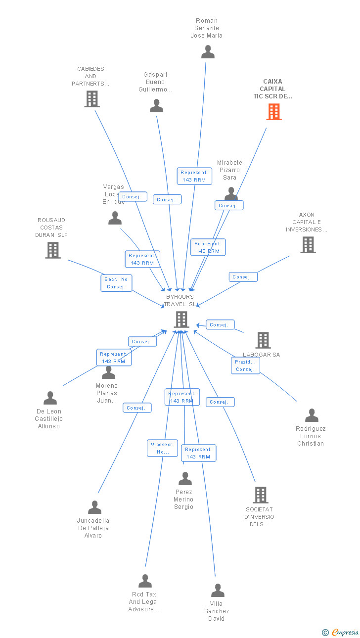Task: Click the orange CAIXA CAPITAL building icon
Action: click(x=274, y=112)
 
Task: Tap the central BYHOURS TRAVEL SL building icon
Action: click(x=181, y=319)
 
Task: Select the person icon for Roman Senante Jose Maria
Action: click(x=208, y=51)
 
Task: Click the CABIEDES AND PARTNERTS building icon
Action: click(x=92, y=99)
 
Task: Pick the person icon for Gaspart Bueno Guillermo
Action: click(x=156, y=105)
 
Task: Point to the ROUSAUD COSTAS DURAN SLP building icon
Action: click(x=53, y=250)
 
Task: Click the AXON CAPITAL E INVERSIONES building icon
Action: click(x=308, y=244)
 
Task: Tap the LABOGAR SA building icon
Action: click(x=263, y=340)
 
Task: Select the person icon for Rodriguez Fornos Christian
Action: click(x=312, y=415)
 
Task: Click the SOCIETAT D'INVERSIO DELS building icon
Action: click(x=260, y=495)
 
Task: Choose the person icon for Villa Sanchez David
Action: click(x=218, y=590)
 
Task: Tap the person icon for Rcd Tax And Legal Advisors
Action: click(x=145, y=581)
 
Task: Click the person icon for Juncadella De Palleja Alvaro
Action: click(x=94, y=507)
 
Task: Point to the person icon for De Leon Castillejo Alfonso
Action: click(x=50, y=398)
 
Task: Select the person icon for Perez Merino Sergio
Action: click(x=185, y=478)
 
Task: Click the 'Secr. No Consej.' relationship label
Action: click(x=117, y=283)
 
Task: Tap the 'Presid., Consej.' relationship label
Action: click(x=245, y=365)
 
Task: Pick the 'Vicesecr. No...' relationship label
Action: click(x=162, y=448)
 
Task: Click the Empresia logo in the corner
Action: click(x=341, y=632)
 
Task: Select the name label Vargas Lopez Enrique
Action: click(x=114, y=194)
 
